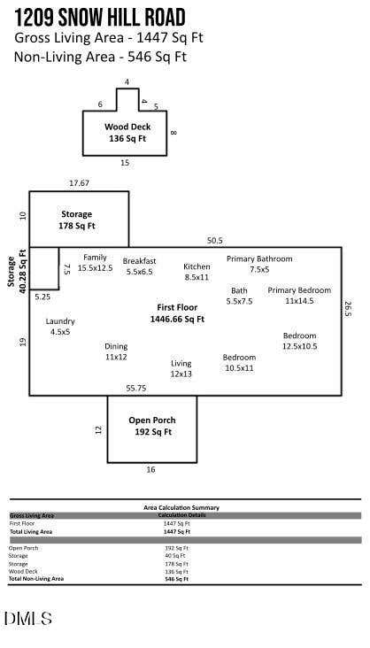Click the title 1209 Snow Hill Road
tap(100, 18)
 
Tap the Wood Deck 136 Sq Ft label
tap(127, 133)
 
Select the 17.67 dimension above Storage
tap(79, 182)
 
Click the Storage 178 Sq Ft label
tap(76, 220)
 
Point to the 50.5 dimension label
tap(214, 241)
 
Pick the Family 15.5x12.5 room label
tap(95, 262)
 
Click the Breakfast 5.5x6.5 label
tap(139, 266)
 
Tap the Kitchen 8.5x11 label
tap(197, 272)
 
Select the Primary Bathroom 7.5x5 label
tap(259, 264)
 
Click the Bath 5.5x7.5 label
tap(239, 296)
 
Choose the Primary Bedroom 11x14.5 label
tap(299, 295)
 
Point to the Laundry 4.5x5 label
tap(60, 326)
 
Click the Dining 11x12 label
tap(116, 351)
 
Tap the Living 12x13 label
tap(181, 368)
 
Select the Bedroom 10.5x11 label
tap(239, 362)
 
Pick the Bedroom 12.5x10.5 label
tap(300, 341)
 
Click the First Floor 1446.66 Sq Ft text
tap(177, 313)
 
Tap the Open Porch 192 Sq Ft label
tap(152, 426)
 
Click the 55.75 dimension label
tap(136, 389)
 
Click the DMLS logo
tap(28, 618)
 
